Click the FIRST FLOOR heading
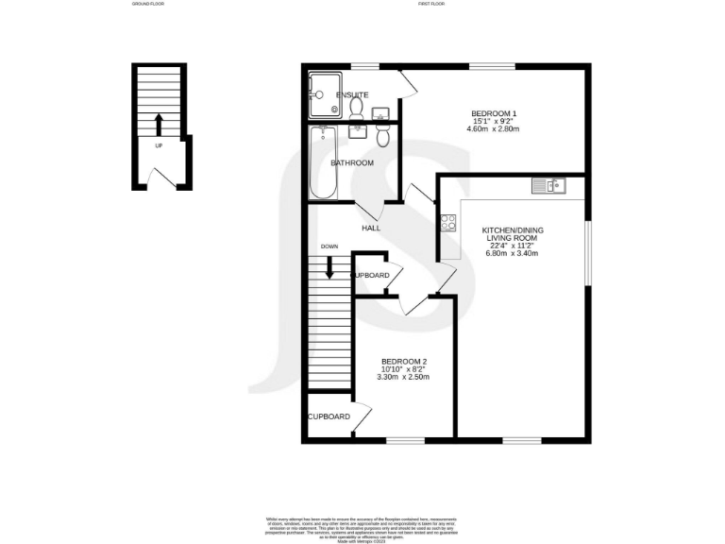432,4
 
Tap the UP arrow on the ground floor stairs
159,124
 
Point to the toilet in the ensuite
356,110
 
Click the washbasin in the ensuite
380,115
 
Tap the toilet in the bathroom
382,138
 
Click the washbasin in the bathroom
358,131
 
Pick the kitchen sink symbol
548,185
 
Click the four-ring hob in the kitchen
447,223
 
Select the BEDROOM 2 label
404,362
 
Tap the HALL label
371,229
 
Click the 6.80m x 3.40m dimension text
512,253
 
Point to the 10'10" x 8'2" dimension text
404,369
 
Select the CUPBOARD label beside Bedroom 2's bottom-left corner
329,416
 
